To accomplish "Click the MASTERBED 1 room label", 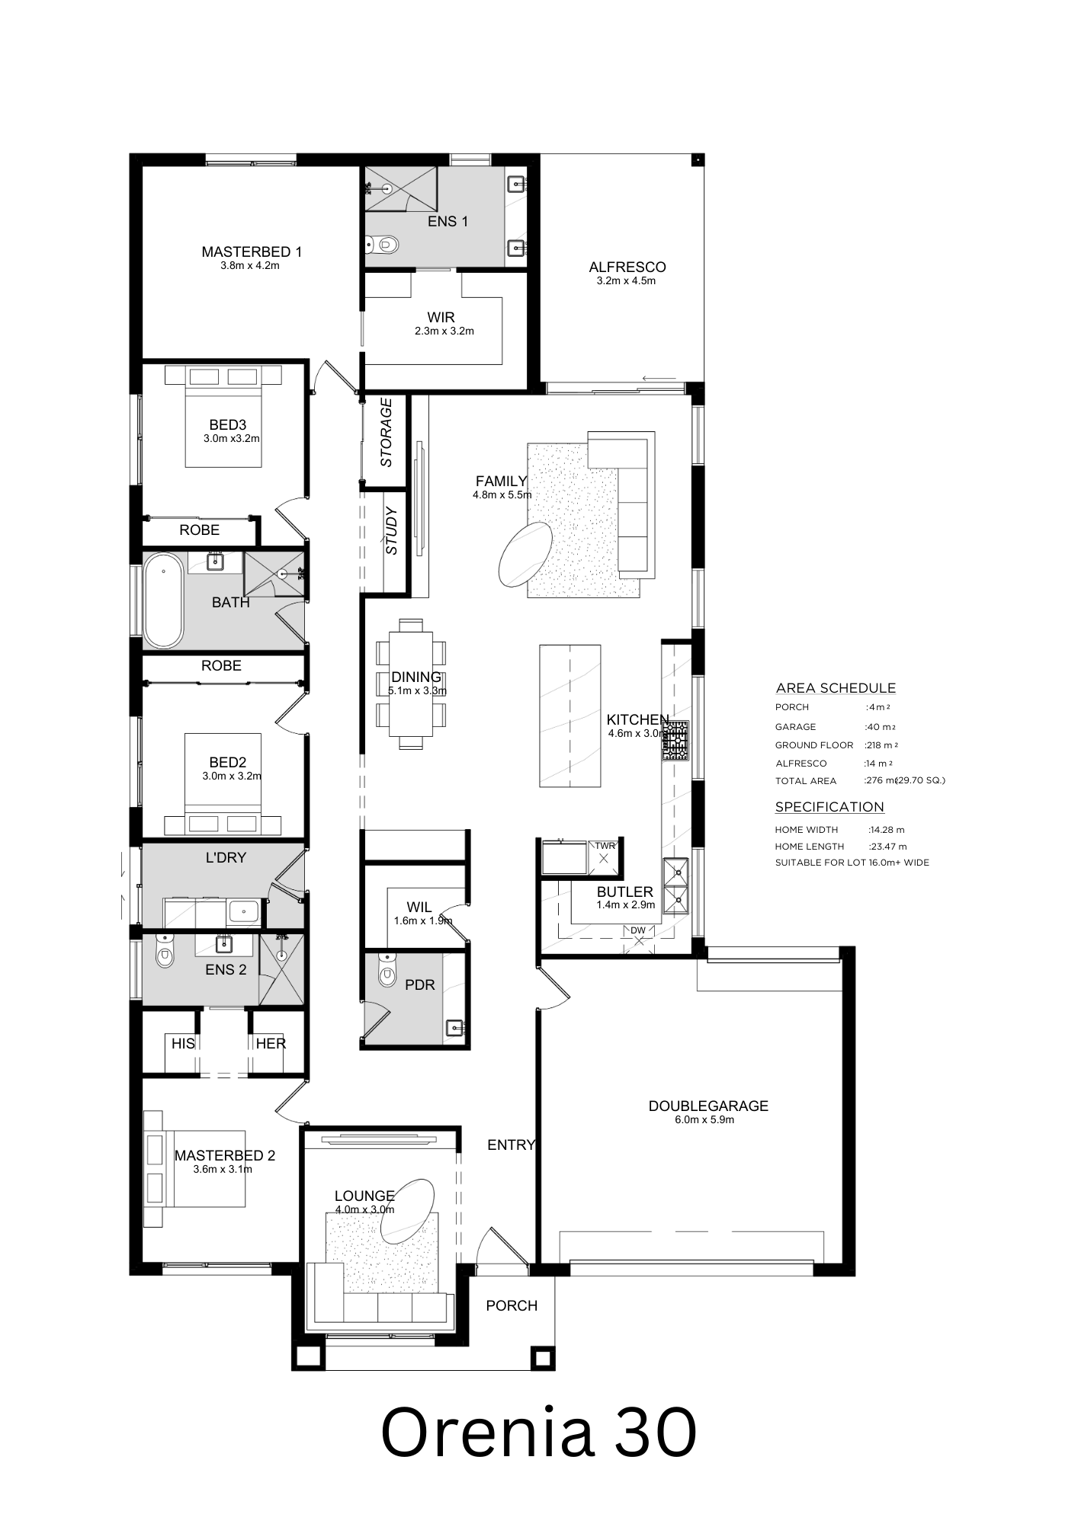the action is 252,251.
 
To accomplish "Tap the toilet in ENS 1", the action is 383,245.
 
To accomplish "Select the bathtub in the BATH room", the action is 164,601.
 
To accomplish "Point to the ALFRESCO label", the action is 627,267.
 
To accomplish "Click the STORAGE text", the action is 387,432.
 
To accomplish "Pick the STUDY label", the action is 392,530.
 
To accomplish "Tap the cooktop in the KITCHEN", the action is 675,741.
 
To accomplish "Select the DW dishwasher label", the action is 637,930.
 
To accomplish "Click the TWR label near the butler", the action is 605,846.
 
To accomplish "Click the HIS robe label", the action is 183,1044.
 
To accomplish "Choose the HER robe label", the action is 271,1044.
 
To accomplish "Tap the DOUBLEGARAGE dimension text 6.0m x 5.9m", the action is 704,1120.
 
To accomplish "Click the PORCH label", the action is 512,1305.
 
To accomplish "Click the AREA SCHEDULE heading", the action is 836,688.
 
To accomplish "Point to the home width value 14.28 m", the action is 887,830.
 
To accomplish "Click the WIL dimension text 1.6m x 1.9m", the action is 423,920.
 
